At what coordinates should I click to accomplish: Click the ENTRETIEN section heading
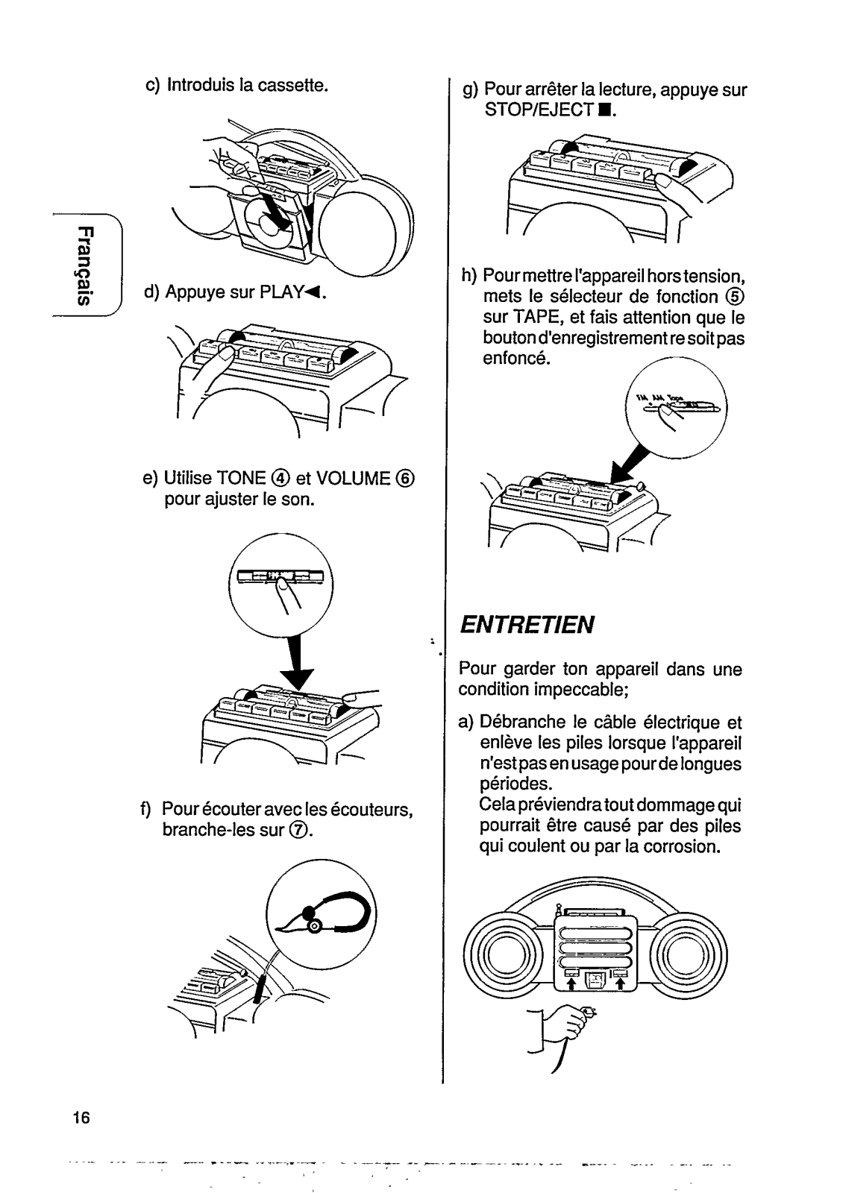pyautogui.click(x=526, y=623)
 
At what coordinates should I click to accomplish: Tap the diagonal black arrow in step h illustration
pyautogui.click(x=628, y=463)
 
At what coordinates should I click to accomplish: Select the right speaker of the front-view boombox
pyautogui.click(x=689, y=957)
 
